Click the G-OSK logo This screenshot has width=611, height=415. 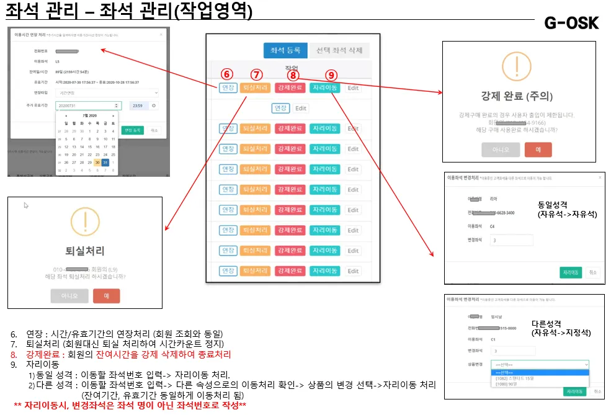[571, 23]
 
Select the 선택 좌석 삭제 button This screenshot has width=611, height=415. [339, 51]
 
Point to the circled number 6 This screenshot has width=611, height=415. [226, 74]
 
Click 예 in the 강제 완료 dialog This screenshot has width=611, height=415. [538, 149]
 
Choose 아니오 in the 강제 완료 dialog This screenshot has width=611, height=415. [500, 149]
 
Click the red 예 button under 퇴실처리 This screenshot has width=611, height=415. [107, 296]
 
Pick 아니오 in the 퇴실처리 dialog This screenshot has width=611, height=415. [69, 296]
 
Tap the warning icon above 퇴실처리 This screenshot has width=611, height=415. [86, 221]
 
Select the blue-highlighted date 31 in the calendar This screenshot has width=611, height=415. [105, 162]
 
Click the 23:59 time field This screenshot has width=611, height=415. [138, 105]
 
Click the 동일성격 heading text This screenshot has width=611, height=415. [554, 204]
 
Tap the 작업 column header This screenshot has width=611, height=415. [292, 67]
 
